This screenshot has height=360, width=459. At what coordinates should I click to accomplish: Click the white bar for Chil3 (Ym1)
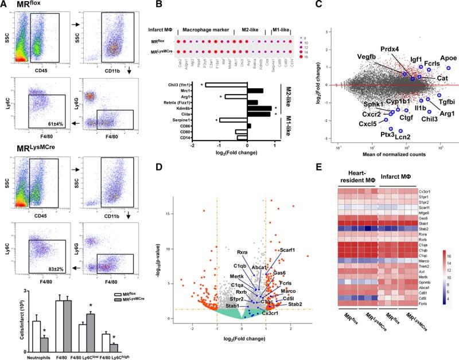pyautogui.click(x=226, y=85)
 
